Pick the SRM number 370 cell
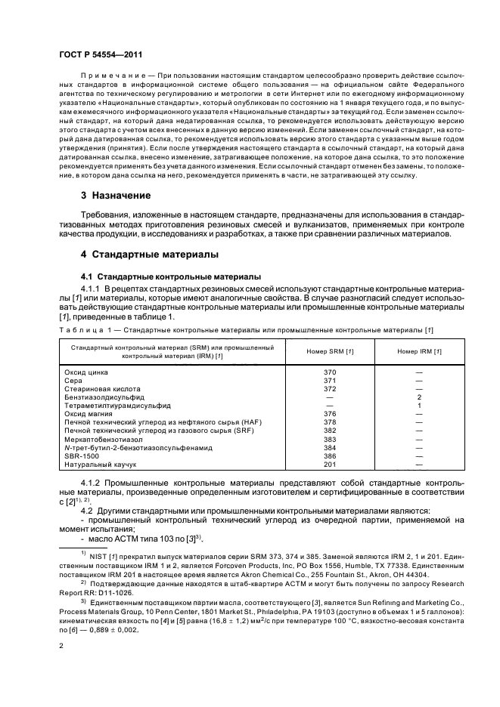pos(329,372)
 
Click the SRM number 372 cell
pos(329,388)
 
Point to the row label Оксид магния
pos(91,413)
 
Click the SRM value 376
pos(329,413)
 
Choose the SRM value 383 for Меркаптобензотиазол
pos(329,438)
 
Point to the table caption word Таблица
pos(78,329)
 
